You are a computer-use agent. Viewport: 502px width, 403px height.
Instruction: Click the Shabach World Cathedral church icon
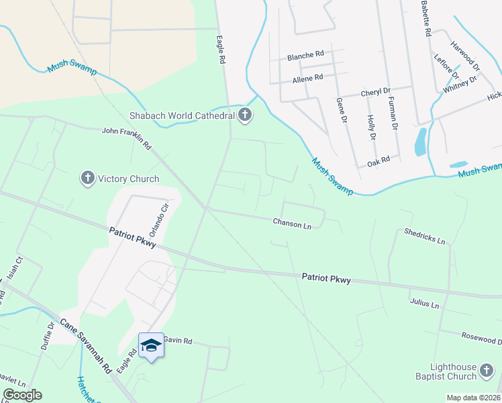(x=245, y=116)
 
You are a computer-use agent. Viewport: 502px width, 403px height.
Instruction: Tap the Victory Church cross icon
(x=87, y=179)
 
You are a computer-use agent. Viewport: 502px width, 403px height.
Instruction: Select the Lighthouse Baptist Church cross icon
(x=486, y=370)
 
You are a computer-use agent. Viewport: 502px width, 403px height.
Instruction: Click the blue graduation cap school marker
(x=151, y=345)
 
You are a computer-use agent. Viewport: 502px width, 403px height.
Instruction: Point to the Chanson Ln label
(x=292, y=223)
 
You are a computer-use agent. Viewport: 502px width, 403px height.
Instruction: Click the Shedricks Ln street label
(x=425, y=235)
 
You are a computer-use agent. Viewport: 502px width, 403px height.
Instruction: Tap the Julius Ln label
(x=424, y=304)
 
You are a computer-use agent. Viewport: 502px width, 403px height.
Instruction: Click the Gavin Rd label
(x=178, y=341)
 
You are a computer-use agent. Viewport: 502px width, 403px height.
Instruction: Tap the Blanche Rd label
(x=305, y=56)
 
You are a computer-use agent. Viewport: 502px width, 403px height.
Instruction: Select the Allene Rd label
(x=307, y=77)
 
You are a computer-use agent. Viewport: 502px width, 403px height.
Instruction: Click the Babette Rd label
(x=425, y=18)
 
